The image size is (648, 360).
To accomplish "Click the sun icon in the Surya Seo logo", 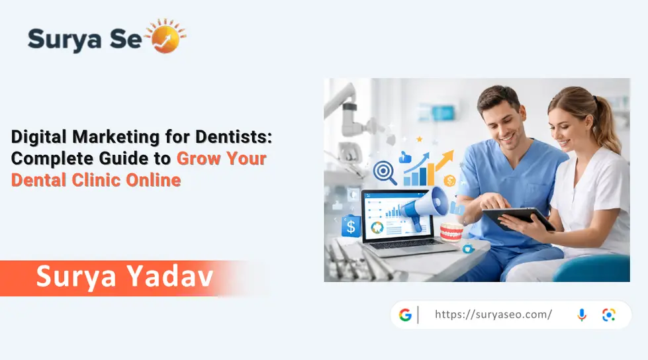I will click(x=166, y=37).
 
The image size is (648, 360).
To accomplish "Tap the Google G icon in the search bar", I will click(x=405, y=315).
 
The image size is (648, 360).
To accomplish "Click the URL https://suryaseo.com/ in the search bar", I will click(x=493, y=315).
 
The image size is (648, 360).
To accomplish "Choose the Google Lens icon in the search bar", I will click(x=609, y=315).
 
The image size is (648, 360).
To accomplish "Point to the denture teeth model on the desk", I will click(x=451, y=232).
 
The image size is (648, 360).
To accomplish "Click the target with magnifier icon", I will click(x=385, y=171).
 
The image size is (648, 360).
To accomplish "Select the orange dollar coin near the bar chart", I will click(x=451, y=180).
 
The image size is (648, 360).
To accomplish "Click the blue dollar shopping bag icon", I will click(x=351, y=227).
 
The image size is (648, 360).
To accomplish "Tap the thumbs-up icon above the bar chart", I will click(x=405, y=157).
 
